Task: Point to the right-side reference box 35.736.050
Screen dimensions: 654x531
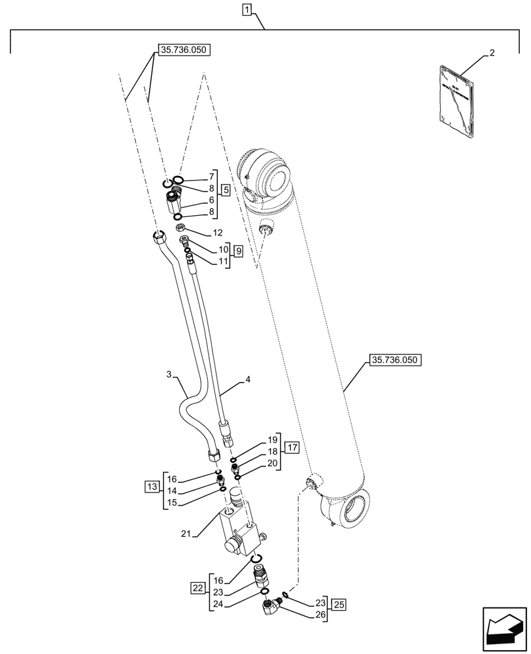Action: [397, 360]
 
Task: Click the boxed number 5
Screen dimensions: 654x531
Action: [225, 191]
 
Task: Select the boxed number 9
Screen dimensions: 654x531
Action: [237, 251]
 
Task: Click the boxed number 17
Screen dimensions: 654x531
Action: [292, 448]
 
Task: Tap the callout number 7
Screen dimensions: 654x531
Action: [212, 177]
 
